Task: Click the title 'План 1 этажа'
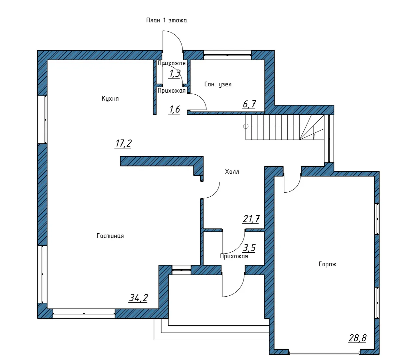[x=166, y=20]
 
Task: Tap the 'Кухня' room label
[x=110, y=99]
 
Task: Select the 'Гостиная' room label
[x=110, y=236]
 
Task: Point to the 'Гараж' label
[x=327, y=264]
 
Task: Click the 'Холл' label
[x=232, y=172]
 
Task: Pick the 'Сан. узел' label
[x=218, y=84]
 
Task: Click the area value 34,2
[x=138, y=298]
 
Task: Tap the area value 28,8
[x=357, y=338]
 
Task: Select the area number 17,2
[x=123, y=144]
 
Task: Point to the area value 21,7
[x=251, y=219]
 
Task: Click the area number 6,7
[x=249, y=104]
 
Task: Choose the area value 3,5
[x=249, y=248]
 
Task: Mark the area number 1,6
[x=175, y=110]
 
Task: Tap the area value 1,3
[x=175, y=74]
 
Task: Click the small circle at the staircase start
[x=246, y=126]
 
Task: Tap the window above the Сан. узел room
[x=227, y=55]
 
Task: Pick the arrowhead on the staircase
[x=314, y=137]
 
